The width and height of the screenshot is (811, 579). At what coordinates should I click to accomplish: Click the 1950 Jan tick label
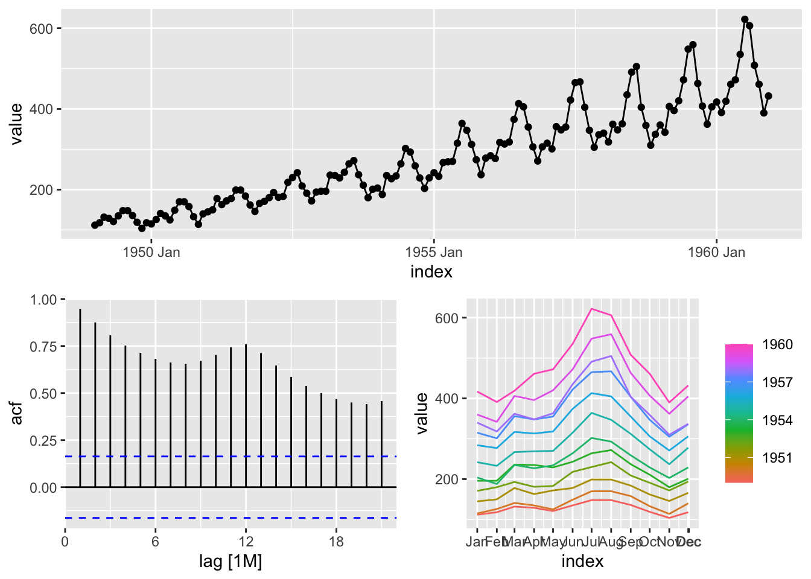coord(151,252)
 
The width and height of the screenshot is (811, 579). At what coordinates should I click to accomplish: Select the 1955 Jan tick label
coord(433,252)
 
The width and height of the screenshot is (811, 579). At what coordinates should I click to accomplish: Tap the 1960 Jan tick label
coord(716,252)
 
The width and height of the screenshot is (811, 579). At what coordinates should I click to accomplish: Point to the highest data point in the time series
coord(745,19)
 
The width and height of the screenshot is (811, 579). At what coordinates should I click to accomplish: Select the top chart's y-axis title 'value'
coord(16,124)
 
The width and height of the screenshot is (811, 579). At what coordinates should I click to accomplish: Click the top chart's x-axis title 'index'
coord(431,272)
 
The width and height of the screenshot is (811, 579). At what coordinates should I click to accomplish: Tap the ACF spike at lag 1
coord(80,398)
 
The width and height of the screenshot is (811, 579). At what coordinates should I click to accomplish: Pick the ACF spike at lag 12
coord(246,416)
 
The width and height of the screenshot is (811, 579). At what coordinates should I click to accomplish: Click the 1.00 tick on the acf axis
coord(43,300)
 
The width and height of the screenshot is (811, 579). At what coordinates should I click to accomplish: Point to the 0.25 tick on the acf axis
coord(43,441)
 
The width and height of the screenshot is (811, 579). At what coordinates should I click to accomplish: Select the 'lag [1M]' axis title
coord(231,562)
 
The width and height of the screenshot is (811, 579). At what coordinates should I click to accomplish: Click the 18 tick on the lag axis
coord(336,542)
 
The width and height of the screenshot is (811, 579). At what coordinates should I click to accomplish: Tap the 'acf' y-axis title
coord(16,413)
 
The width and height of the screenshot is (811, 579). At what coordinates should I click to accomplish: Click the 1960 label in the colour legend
coord(777,344)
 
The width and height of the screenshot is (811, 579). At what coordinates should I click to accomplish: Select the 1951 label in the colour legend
coord(777,458)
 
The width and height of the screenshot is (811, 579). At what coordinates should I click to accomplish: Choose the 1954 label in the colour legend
coord(777,420)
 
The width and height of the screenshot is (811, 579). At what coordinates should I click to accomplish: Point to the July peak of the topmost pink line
coord(592,309)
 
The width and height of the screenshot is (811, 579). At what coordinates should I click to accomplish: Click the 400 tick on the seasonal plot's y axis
coord(447,399)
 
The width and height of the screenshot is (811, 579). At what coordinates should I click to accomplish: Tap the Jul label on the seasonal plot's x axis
coord(592,542)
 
